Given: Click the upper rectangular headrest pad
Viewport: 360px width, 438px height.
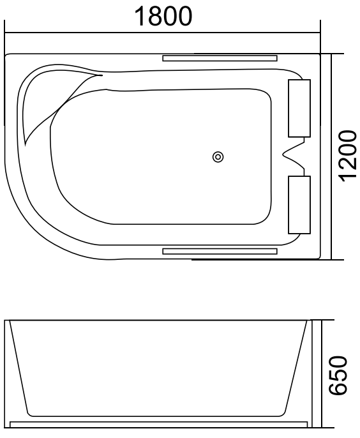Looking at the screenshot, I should [x=299, y=109].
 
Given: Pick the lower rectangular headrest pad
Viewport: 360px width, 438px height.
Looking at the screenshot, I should [x=299, y=205].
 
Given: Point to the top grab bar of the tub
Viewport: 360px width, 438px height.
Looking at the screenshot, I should [x=220, y=58].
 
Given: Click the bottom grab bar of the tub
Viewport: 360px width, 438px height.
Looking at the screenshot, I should [x=220, y=252].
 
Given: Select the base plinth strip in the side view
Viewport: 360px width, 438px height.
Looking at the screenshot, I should [x=160, y=423].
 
